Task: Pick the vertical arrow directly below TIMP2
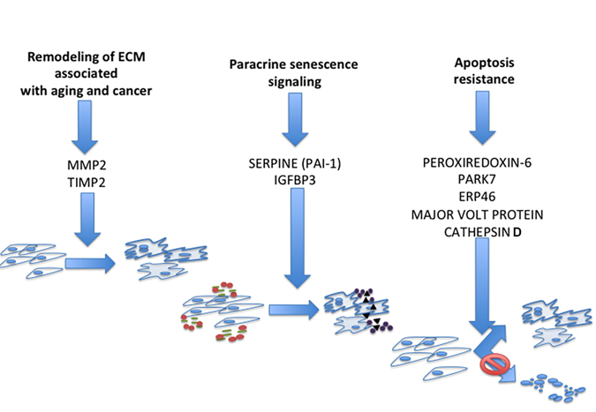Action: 87,220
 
